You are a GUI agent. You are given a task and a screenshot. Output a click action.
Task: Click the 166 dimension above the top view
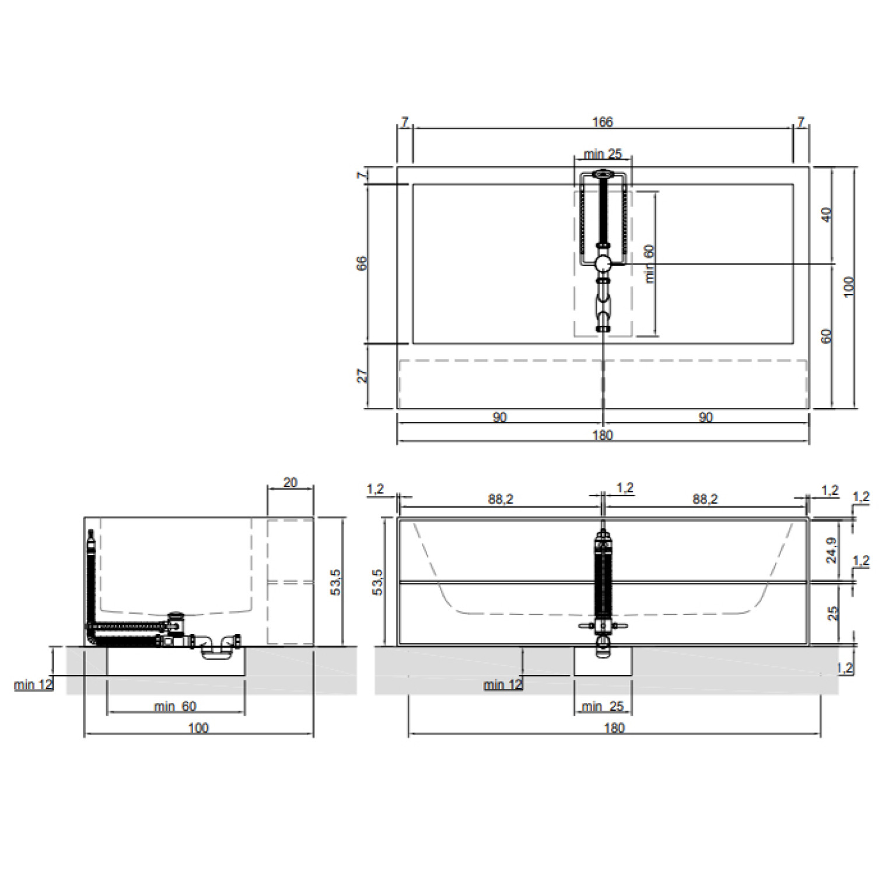tap(603, 122)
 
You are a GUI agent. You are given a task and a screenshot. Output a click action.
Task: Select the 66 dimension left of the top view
tap(362, 263)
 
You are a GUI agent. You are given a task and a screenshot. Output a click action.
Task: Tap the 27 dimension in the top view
tap(363, 376)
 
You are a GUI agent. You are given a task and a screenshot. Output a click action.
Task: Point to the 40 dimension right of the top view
tap(826, 215)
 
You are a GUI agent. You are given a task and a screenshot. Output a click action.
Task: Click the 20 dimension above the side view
tap(290, 483)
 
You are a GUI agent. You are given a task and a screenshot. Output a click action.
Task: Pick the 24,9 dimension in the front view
tap(832, 550)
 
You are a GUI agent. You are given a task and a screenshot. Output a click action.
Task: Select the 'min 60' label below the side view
tap(175, 707)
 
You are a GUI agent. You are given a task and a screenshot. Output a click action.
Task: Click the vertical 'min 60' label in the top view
tap(650, 264)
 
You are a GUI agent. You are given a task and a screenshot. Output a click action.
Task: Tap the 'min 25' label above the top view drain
tap(603, 155)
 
